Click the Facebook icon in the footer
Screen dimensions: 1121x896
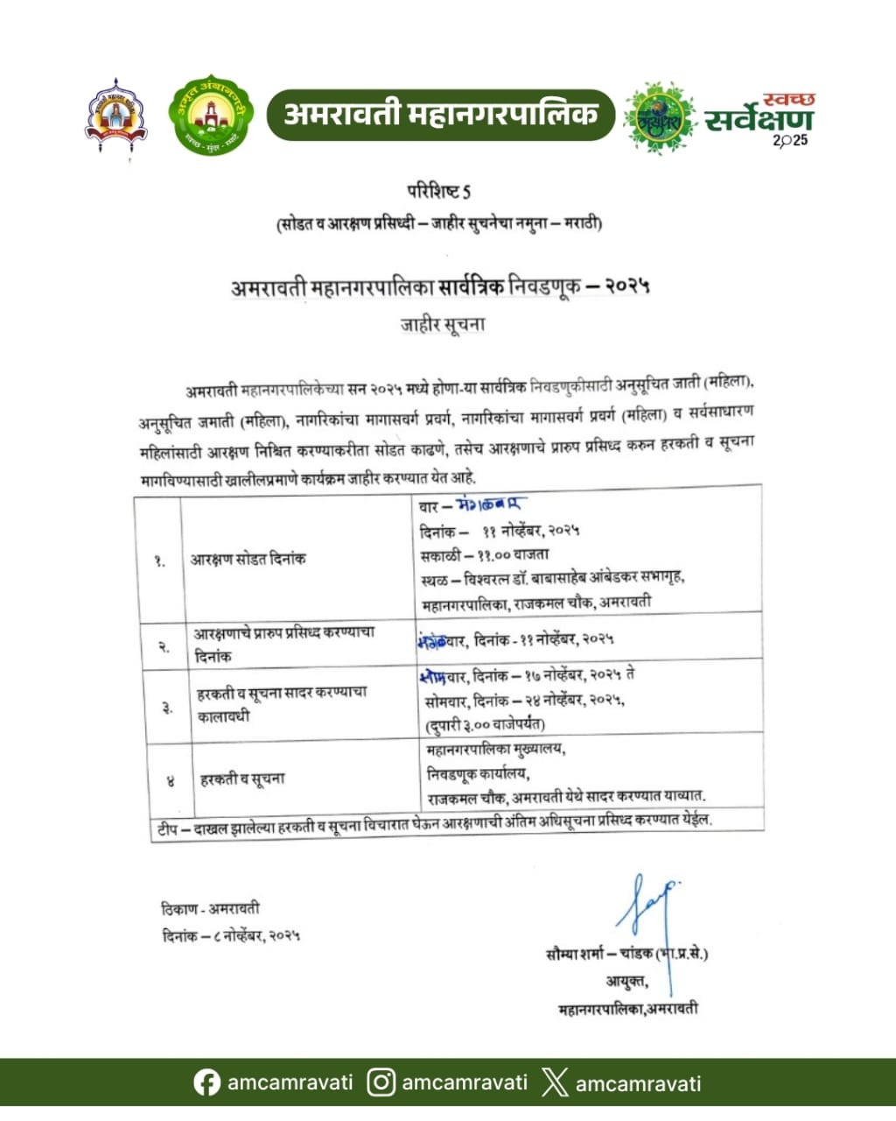point(206,1083)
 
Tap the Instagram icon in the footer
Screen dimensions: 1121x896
point(381,1083)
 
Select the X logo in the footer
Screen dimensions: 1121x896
point(555,1083)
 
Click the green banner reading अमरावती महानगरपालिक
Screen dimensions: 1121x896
point(441,115)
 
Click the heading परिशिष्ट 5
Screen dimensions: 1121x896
point(439,191)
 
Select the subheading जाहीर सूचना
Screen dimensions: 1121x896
point(443,324)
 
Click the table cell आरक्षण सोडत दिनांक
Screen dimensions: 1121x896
point(248,559)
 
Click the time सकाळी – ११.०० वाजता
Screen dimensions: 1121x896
point(485,554)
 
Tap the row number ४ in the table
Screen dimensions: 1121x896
point(170,779)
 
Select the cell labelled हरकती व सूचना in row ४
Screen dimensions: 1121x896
point(242,779)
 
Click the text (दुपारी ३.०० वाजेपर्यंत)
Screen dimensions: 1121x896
point(485,724)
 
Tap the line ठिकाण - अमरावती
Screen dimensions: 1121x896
point(210,908)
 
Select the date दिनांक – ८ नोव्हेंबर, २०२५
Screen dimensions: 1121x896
point(231,936)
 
